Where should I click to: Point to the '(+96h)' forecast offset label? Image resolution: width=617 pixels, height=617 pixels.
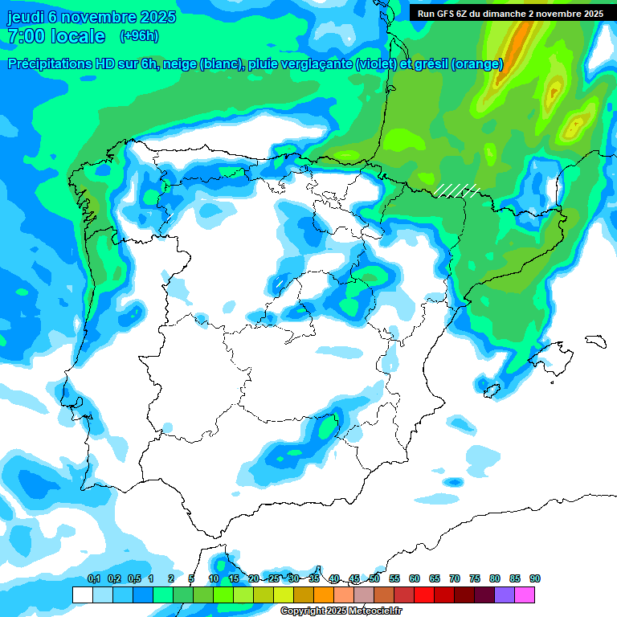pos(139,35)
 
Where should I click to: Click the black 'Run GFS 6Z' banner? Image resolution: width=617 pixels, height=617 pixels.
pos(511,13)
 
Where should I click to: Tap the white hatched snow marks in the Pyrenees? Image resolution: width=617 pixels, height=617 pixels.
pos(456,190)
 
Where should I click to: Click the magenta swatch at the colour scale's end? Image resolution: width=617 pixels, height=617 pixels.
pos(525,595)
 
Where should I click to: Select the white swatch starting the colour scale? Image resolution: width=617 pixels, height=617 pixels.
pos(82,595)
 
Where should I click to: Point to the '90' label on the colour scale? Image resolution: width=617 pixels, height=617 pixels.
pos(535,578)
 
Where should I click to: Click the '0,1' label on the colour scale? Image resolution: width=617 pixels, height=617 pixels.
pos(94,578)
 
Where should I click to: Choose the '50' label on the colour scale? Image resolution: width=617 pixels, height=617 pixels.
pos(374,578)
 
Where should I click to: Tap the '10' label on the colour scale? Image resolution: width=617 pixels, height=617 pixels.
pos(214,578)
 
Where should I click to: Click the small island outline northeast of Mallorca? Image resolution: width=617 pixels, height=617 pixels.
pos(595,341)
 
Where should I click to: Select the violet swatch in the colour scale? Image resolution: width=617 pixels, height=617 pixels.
pos(505,595)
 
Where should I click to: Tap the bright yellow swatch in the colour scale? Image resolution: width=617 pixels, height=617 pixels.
pos(283,595)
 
